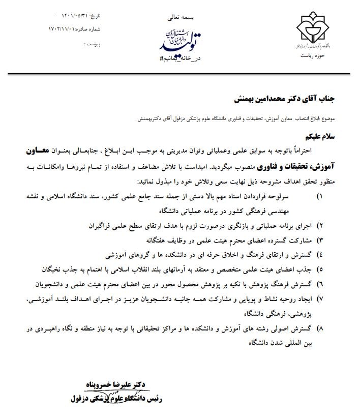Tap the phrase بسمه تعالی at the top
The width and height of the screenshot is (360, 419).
click(177, 17)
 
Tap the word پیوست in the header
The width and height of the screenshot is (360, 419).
click(92, 45)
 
